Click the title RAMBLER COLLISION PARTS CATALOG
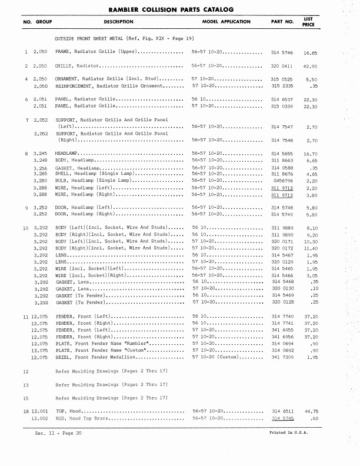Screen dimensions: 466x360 pos(179,9)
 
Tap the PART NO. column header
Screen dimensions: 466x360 pos(282,22)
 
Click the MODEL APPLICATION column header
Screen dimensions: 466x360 pos(226,22)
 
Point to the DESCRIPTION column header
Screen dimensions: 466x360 pos(119,22)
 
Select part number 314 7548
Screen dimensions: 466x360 pos(282,141)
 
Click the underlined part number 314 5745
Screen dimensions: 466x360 pos(282,418)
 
